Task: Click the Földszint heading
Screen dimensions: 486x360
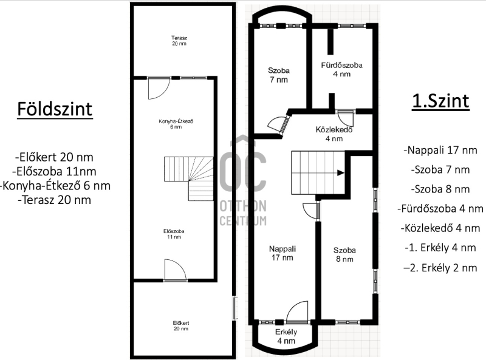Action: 55,109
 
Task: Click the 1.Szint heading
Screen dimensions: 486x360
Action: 440,101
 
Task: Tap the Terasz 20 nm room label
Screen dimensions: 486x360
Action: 179,41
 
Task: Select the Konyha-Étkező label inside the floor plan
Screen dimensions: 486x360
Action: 176,124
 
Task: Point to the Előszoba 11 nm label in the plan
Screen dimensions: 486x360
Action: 174,234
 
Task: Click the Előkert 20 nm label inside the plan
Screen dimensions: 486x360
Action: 180,326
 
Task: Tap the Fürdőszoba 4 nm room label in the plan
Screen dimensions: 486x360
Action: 341,70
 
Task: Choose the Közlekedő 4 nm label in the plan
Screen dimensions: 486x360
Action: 334,134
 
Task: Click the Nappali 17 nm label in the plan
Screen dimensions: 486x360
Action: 282,253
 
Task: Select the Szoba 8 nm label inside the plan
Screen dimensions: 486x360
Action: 344,254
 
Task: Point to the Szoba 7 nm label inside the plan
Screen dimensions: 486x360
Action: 279,75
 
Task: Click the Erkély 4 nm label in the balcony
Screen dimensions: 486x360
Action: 286,336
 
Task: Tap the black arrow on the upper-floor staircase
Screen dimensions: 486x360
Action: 341,173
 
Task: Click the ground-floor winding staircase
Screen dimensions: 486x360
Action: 189,178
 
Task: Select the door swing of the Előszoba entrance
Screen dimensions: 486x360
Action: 176,270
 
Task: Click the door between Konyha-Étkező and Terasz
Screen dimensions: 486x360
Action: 159,88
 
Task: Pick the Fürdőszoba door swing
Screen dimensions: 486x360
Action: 346,118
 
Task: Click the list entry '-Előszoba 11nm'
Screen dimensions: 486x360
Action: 54,171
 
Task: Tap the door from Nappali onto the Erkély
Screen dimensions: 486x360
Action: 297,312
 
